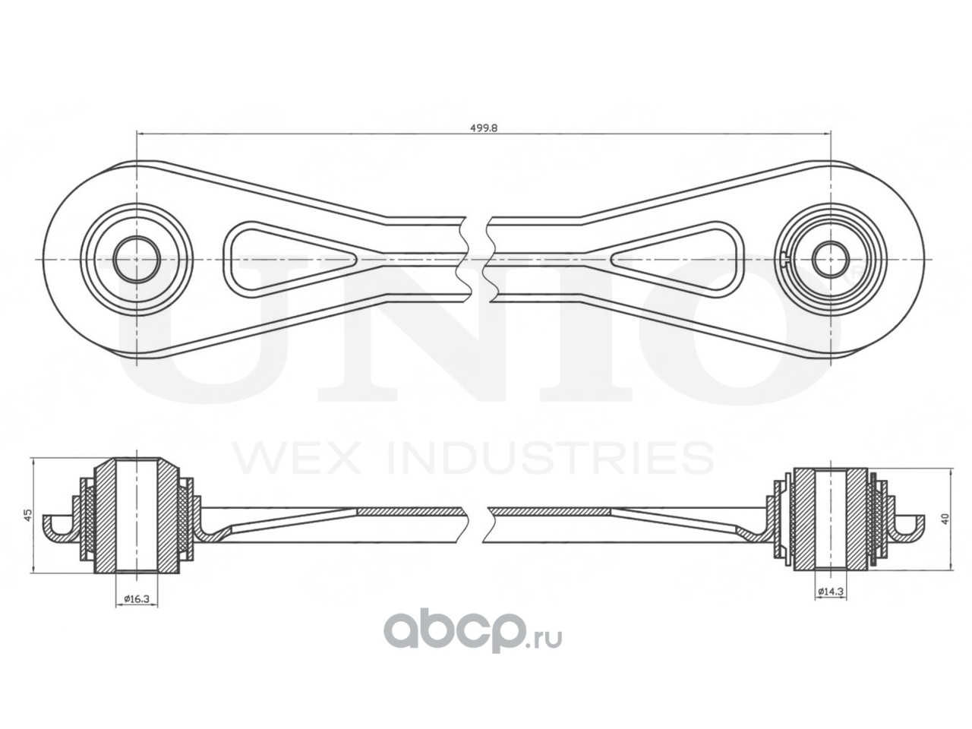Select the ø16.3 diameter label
pyautogui.click(x=137, y=599)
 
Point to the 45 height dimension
pyautogui.click(x=27, y=515)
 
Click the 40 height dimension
pyautogui.click(x=945, y=518)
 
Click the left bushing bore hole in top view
pyautogui.click(x=137, y=258)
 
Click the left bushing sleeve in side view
pyautogui.click(x=137, y=516)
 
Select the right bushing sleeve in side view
pyautogui.click(x=831, y=519)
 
